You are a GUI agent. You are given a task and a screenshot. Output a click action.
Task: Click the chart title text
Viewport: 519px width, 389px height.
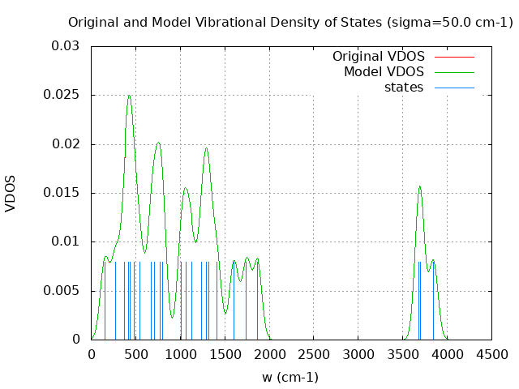290,22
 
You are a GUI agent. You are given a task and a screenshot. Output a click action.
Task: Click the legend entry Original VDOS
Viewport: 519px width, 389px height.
379,57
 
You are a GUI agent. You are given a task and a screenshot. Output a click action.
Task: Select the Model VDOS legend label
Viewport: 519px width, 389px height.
384,72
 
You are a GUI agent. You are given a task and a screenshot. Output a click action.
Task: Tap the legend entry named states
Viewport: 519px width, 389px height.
404,88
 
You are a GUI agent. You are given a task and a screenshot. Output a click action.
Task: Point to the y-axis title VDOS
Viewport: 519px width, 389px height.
11,193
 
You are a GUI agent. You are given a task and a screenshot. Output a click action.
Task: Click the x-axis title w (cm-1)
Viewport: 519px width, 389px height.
290,377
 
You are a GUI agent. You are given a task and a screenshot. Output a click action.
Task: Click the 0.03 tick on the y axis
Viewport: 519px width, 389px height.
67,46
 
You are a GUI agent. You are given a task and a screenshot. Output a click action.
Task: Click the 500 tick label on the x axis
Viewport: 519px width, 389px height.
135,354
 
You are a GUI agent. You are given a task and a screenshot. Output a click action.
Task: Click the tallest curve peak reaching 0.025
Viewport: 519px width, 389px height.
128,96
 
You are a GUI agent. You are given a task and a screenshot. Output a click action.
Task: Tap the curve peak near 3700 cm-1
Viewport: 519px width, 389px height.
419,186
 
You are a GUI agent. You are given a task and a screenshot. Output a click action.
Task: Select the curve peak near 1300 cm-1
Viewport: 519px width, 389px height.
206,148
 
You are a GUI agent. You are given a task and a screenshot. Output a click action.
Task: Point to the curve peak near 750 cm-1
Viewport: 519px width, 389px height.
158,143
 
